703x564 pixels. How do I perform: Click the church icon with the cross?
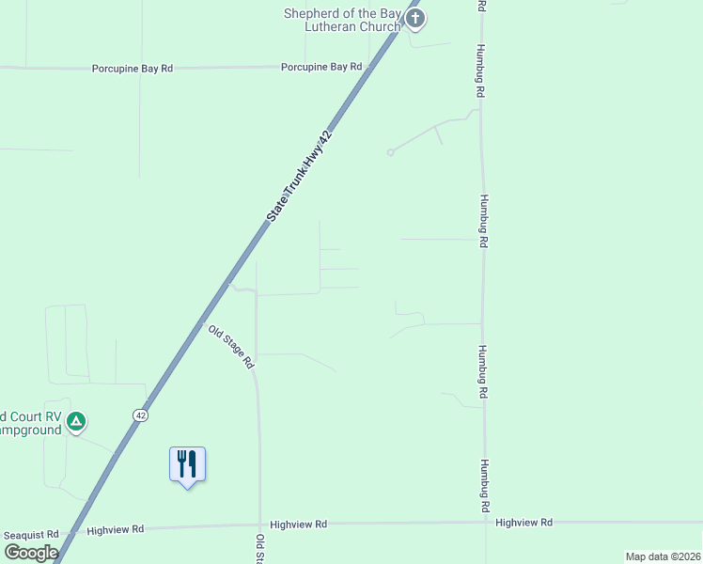415,18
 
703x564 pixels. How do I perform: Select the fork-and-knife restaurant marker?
187,464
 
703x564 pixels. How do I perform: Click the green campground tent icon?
78,422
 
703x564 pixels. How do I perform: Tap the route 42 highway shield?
140,415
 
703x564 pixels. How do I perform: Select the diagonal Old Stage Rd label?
231,346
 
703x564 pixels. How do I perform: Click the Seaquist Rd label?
31,534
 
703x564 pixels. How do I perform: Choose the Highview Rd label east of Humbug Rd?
523,522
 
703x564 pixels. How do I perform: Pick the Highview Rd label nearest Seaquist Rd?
115,530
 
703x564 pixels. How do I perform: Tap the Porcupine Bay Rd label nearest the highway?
321,67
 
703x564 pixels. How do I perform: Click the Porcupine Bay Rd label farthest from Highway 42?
133,69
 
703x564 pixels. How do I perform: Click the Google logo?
31,553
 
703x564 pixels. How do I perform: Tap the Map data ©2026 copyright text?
662,556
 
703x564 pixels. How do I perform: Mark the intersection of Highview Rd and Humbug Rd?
486,523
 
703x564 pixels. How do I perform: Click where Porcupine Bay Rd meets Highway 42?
371,67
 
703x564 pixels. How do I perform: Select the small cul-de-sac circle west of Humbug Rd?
390,152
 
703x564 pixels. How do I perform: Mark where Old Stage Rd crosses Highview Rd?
258,525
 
